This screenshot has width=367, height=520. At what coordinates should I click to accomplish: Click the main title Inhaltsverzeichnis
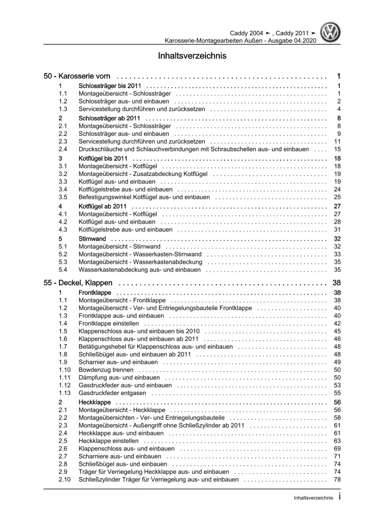(x=192, y=56)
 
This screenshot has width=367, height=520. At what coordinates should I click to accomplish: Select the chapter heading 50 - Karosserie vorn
(x=77, y=76)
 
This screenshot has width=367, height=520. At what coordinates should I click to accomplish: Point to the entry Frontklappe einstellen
(x=109, y=323)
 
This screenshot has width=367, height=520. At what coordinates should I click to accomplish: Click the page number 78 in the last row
(x=337, y=480)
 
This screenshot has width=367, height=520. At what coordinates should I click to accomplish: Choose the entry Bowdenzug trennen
(x=106, y=370)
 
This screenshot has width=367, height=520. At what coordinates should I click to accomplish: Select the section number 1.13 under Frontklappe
(x=64, y=393)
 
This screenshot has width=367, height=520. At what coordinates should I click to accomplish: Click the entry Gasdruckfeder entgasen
(x=112, y=393)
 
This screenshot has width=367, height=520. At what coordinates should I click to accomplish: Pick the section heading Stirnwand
(x=92, y=239)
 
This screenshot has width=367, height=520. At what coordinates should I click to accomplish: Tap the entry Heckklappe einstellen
(x=108, y=441)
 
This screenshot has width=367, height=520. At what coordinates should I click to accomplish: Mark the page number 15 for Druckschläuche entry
(x=337, y=149)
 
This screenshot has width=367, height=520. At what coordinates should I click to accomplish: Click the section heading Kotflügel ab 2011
(x=102, y=206)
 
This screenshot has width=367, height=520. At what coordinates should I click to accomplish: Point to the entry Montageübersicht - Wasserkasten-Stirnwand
(x=140, y=254)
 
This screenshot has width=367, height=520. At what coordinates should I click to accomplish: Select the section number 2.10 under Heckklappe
(x=64, y=480)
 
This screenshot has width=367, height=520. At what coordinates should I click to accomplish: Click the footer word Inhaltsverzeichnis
(x=313, y=498)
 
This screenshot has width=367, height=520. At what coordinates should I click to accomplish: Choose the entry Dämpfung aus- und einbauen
(x=119, y=378)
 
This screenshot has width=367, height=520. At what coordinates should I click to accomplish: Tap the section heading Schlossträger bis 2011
(x=109, y=86)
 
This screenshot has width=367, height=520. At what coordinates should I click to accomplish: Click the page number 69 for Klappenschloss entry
(x=337, y=449)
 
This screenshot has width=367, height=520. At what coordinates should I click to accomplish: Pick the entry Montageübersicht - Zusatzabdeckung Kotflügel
(x=143, y=174)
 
